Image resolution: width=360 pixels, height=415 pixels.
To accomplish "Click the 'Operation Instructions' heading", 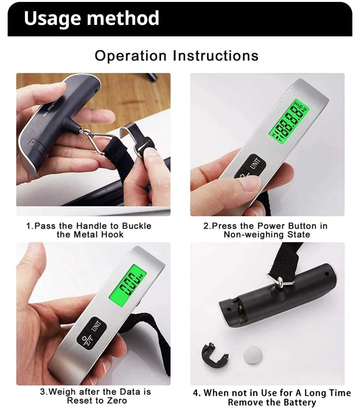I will pos(177,56).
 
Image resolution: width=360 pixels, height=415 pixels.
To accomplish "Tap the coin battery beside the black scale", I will pos(254,355).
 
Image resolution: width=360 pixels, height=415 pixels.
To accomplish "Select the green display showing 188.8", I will pos(290,122).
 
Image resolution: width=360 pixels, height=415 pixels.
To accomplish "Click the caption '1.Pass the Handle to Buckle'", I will pos(88,226).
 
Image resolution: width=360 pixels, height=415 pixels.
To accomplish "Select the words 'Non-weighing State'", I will pos(267,235).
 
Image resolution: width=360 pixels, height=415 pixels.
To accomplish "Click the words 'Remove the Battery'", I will pos(272,402).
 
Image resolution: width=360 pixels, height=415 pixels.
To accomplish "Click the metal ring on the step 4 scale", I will pos(281,282).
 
